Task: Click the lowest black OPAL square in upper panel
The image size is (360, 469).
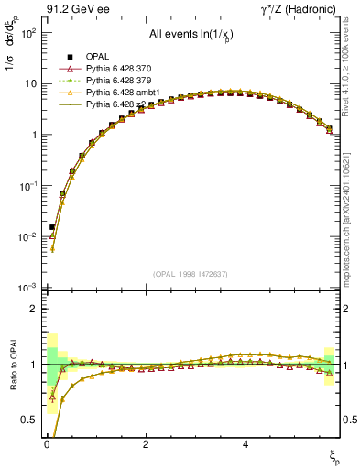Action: pyautogui.click(x=52, y=227)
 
